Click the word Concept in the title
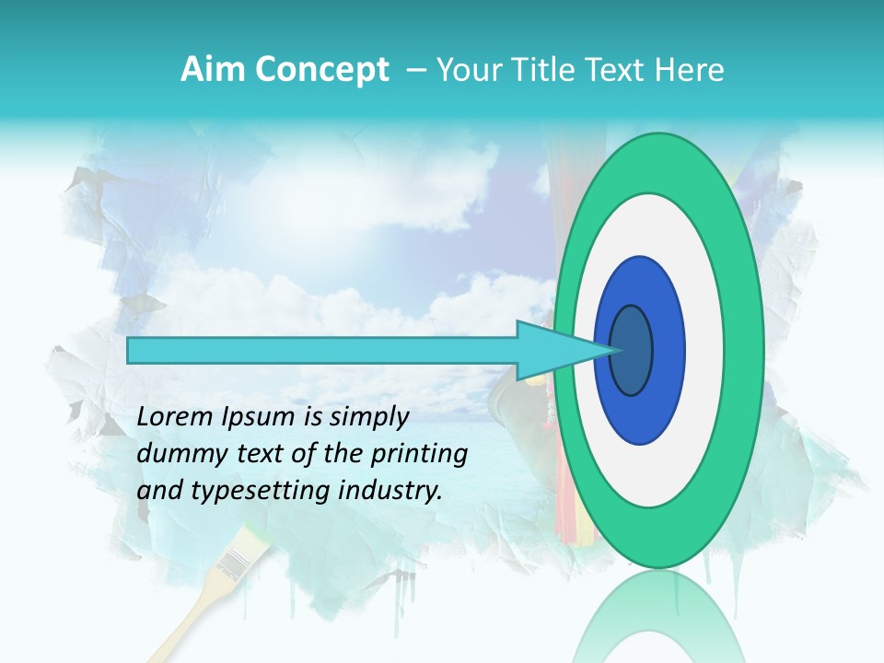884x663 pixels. click(321, 71)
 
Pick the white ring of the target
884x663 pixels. click(704, 351)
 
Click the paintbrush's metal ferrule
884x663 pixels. click(238, 558)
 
